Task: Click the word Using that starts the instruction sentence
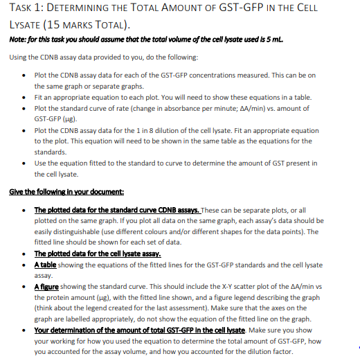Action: (x=19, y=57)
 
